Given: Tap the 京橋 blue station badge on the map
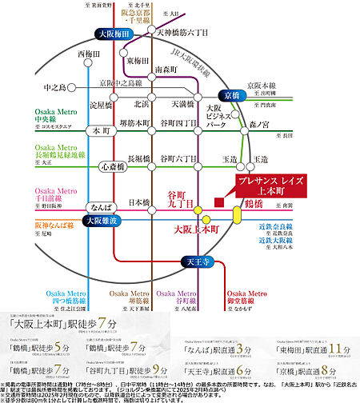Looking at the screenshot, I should coord(232,94).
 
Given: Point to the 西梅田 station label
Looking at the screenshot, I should coord(91,54).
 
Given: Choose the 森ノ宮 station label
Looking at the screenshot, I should coord(260,124).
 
